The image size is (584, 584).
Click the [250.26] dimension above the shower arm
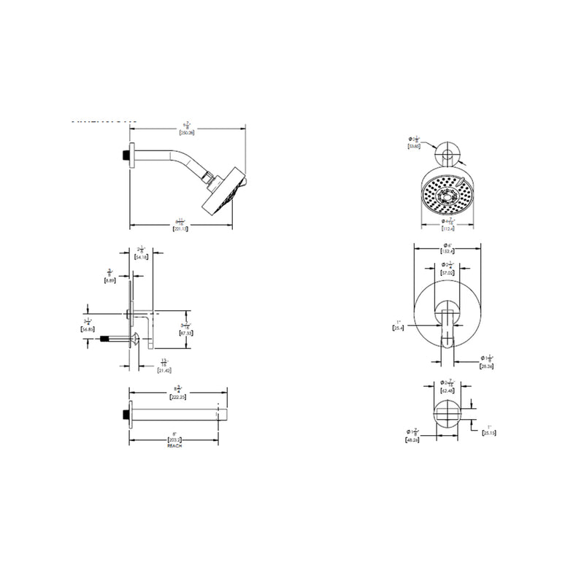point(188,132)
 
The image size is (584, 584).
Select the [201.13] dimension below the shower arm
point(180,229)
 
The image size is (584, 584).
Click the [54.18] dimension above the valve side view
point(142,258)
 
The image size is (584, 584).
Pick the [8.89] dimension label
point(109,280)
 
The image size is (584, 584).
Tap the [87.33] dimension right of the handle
point(186,332)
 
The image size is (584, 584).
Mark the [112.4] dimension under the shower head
point(447,226)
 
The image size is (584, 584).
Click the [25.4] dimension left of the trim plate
point(398,328)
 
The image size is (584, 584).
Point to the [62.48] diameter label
point(447,391)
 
